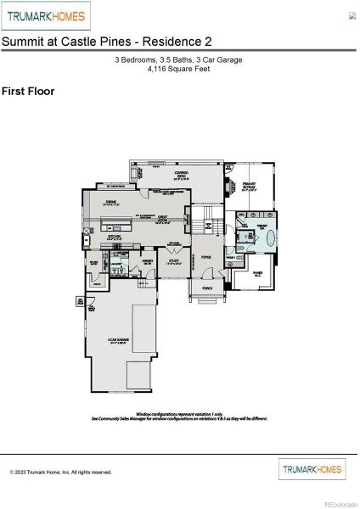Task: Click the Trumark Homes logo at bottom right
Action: pos(312,468)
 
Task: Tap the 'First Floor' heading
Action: pos(28,90)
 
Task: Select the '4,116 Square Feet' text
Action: pos(180,69)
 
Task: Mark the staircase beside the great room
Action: pos(202,226)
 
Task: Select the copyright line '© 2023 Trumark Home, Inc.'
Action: pos(60,472)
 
